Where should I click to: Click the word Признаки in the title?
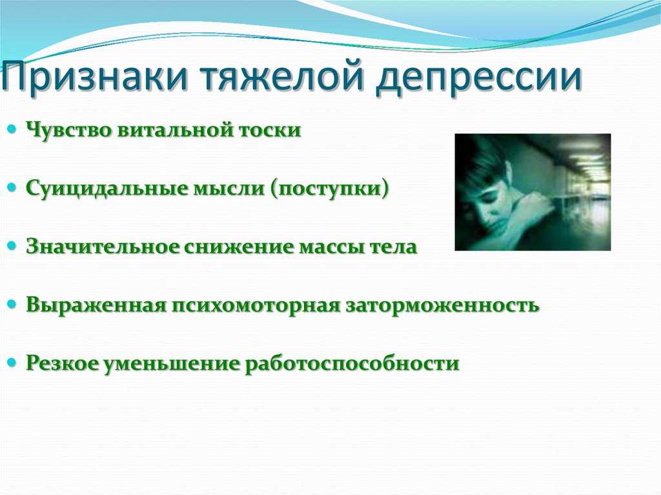[94, 77]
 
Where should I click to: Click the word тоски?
[270, 130]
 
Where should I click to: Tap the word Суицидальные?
[106, 188]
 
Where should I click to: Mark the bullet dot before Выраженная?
[12, 303]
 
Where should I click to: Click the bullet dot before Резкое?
[12, 362]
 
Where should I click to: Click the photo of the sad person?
[533, 192]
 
